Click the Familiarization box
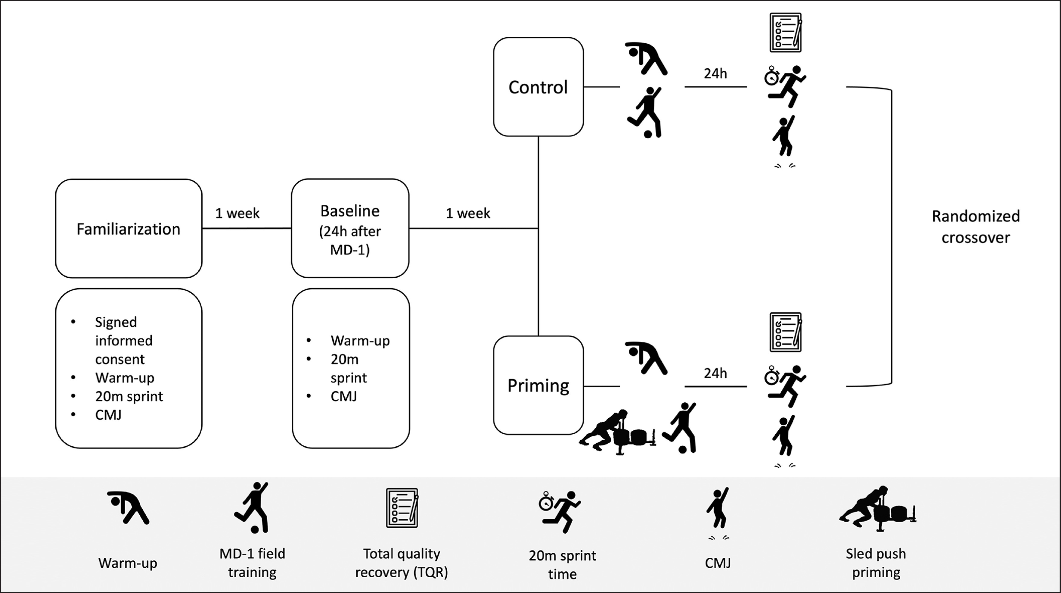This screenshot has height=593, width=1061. pos(129,229)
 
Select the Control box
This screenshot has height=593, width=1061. pos(538,87)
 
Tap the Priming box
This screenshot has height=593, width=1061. pos(538,385)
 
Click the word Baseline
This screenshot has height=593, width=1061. pos(350,211)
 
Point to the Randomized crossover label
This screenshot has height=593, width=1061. pos(975,227)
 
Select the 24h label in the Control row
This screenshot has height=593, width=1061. pos(715,74)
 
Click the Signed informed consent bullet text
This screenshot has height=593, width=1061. pos(124,340)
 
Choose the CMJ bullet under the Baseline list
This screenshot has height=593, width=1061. pos(343,396)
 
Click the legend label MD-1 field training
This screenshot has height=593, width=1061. pos(252,563)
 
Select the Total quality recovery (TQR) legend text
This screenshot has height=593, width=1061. pos(402,563)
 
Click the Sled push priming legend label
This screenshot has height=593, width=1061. pos(876,563)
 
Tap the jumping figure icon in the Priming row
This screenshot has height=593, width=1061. pos(784,437)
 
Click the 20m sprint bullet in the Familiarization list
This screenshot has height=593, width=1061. pos(129,396)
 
